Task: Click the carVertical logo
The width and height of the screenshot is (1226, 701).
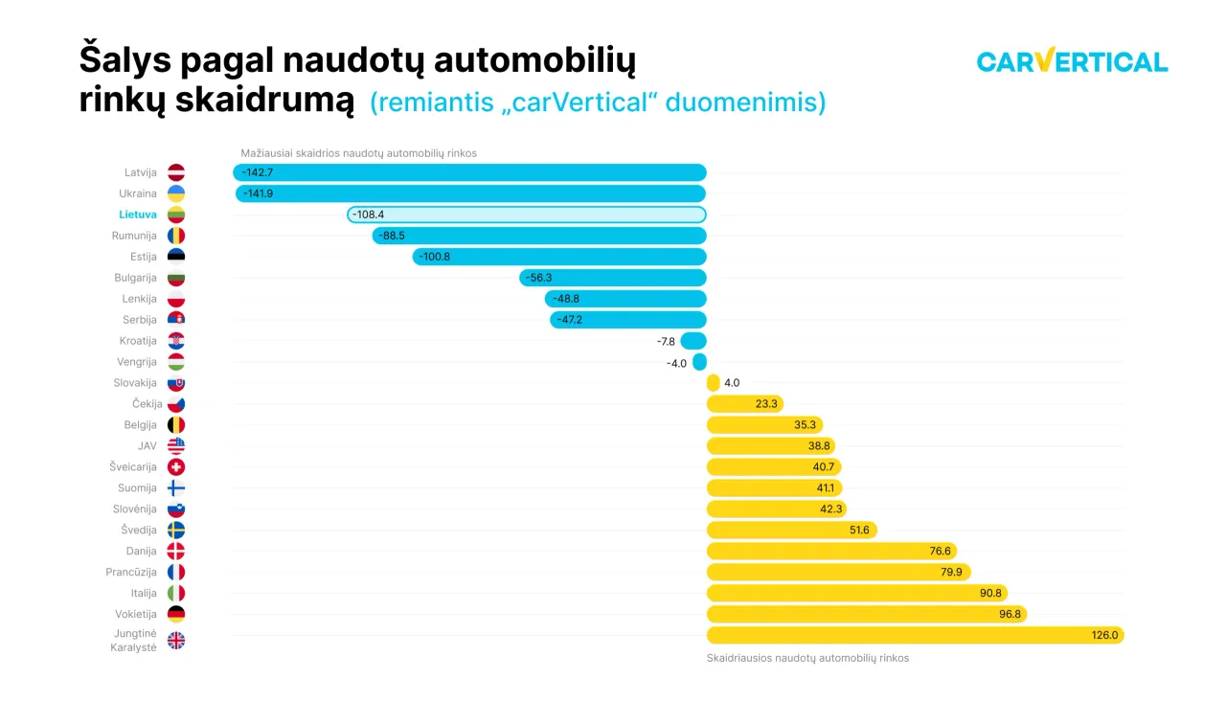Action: pyautogui.click(x=1072, y=61)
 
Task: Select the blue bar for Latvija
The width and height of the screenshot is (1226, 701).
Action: pyautogui.click(x=469, y=172)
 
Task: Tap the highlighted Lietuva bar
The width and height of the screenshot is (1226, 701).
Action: pyautogui.click(x=527, y=215)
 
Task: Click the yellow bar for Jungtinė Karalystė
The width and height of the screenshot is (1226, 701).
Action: pyautogui.click(x=915, y=635)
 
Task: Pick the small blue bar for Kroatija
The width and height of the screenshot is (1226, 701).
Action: pyautogui.click(x=693, y=341)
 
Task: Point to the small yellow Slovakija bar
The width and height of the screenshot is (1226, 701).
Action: pyautogui.click(x=713, y=382)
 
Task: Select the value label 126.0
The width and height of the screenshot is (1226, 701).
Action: pyautogui.click(x=1104, y=635)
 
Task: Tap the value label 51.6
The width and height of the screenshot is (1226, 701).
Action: pyautogui.click(x=858, y=530)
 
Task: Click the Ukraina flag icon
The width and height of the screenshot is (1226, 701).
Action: pyautogui.click(x=176, y=193)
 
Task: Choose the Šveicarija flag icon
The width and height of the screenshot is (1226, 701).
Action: pyautogui.click(x=176, y=467)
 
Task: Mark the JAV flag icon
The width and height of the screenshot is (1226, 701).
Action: pyautogui.click(x=176, y=446)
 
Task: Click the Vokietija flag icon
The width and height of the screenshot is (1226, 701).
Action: pyautogui.click(x=176, y=614)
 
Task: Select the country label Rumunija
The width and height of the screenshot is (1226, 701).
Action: pyautogui.click(x=134, y=236)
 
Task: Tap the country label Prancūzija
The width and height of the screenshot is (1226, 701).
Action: pyautogui.click(x=131, y=572)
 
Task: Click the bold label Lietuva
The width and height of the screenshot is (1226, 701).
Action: pyautogui.click(x=138, y=215)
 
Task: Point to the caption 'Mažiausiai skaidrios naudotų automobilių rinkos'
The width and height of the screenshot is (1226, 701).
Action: pyautogui.click(x=358, y=153)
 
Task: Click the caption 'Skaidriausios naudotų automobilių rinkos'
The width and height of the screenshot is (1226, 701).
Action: pyautogui.click(x=807, y=658)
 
